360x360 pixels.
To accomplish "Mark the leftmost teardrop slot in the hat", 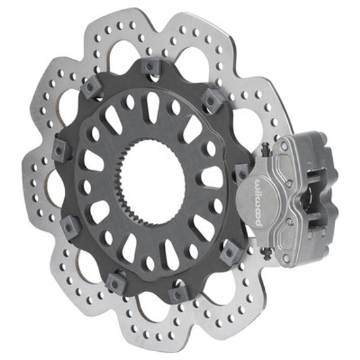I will (x=95, y=162).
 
